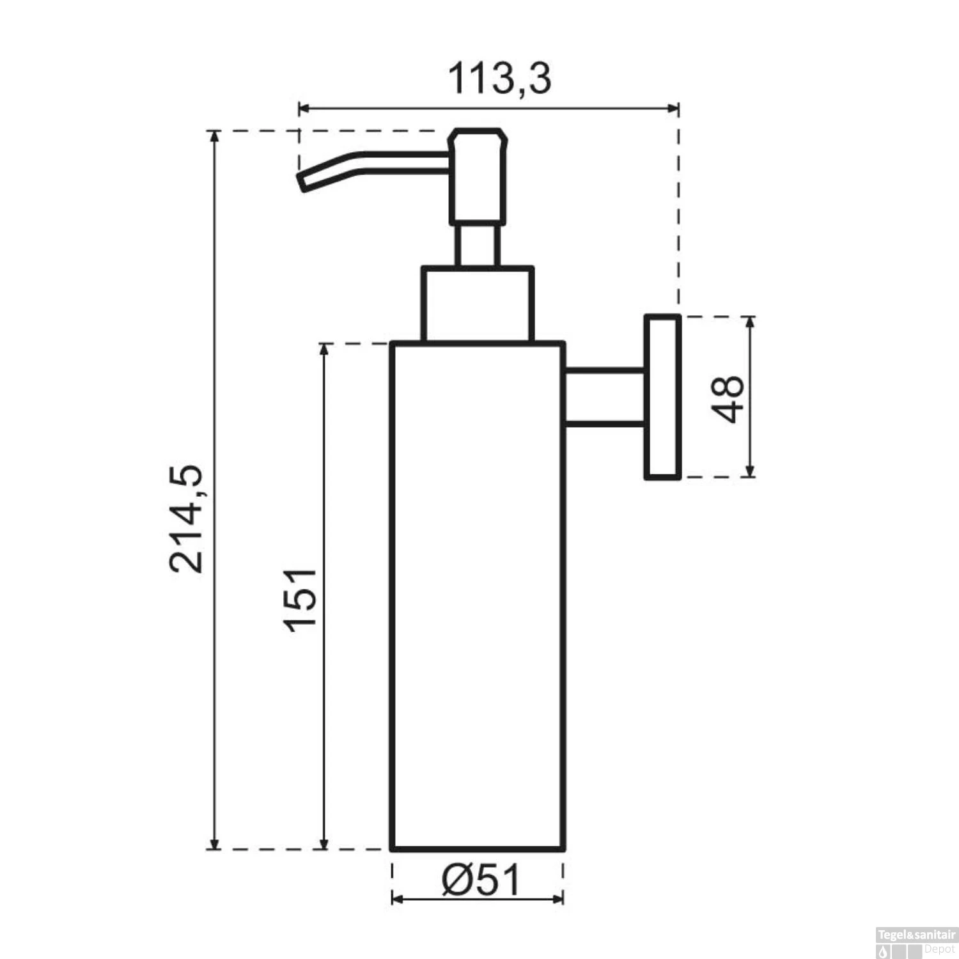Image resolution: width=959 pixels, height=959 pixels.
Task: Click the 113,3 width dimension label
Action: (498, 79)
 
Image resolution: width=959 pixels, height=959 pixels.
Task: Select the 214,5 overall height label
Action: (186, 518)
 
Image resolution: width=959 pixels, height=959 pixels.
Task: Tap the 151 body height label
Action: (300, 600)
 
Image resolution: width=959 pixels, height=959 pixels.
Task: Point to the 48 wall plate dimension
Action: (728, 398)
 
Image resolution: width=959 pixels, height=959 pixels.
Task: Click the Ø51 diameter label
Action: (481, 880)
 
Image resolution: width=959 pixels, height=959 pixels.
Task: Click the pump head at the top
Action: (478, 176)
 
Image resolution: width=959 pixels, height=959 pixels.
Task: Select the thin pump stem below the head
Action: (476, 246)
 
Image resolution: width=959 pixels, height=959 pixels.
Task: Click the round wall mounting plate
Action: (662, 397)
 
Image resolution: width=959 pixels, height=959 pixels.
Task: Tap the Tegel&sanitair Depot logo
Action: (916, 944)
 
